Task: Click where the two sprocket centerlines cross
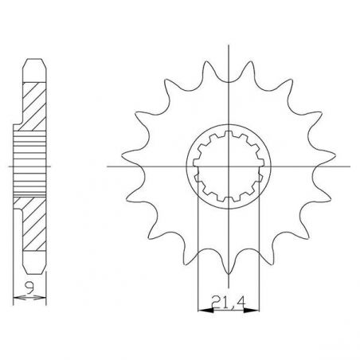[x=229, y=166]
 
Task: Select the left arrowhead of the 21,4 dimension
[x=200, y=311]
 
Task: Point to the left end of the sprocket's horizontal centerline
[x=108, y=166]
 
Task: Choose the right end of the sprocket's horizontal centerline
[x=351, y=166]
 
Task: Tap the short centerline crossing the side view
[x=10, y=166]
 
